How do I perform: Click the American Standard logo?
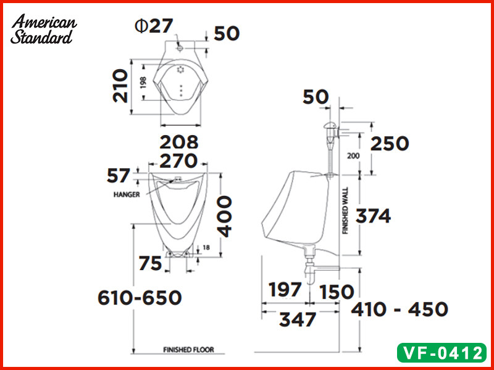[43, 29]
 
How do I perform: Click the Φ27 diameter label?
[154, 26]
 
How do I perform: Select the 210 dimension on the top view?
[120, 86]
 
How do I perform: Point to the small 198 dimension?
[143, 83]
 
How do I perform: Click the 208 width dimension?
[179, 142]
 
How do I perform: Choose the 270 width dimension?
[178, 161]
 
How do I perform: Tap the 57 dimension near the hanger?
[118, 176]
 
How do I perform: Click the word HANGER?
[127, 195]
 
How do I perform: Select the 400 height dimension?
[225, 216]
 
